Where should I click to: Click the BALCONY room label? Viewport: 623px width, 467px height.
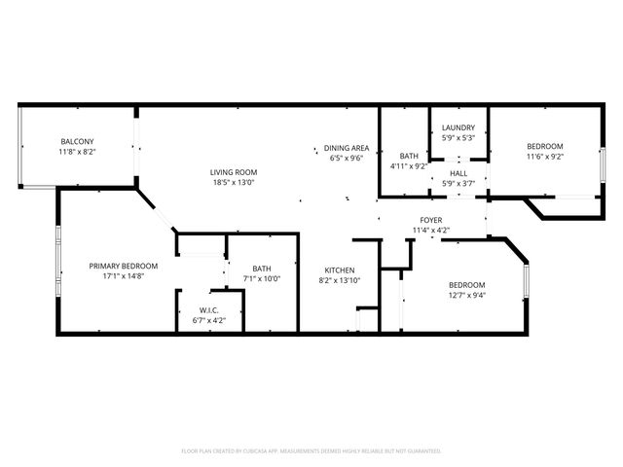click(78, 142)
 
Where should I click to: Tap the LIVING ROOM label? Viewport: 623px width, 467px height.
click(233, 173)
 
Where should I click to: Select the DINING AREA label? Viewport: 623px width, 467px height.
click(346, 149)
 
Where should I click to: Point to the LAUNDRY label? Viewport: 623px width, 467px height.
click(458, 128)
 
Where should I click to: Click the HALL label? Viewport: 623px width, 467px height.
click(458, 173)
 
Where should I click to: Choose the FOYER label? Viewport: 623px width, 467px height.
click(431, 221)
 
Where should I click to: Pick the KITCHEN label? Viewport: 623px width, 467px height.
click(340, 270)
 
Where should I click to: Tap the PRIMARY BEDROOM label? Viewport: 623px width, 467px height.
click(124, 266)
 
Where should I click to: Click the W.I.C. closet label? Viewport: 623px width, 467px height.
click(209, 309)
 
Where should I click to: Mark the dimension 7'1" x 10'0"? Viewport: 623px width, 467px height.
click(262, 279)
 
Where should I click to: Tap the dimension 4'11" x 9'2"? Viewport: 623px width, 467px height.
click(409, 165)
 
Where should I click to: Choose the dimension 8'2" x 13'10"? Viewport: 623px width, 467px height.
click(340, 280)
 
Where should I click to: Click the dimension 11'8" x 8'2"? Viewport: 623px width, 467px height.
click(78, 152)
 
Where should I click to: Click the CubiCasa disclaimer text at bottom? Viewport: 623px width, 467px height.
click(311, 451)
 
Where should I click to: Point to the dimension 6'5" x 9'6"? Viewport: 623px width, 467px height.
click(346, 158)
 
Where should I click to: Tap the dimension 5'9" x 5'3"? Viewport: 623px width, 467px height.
click(458, 137)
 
